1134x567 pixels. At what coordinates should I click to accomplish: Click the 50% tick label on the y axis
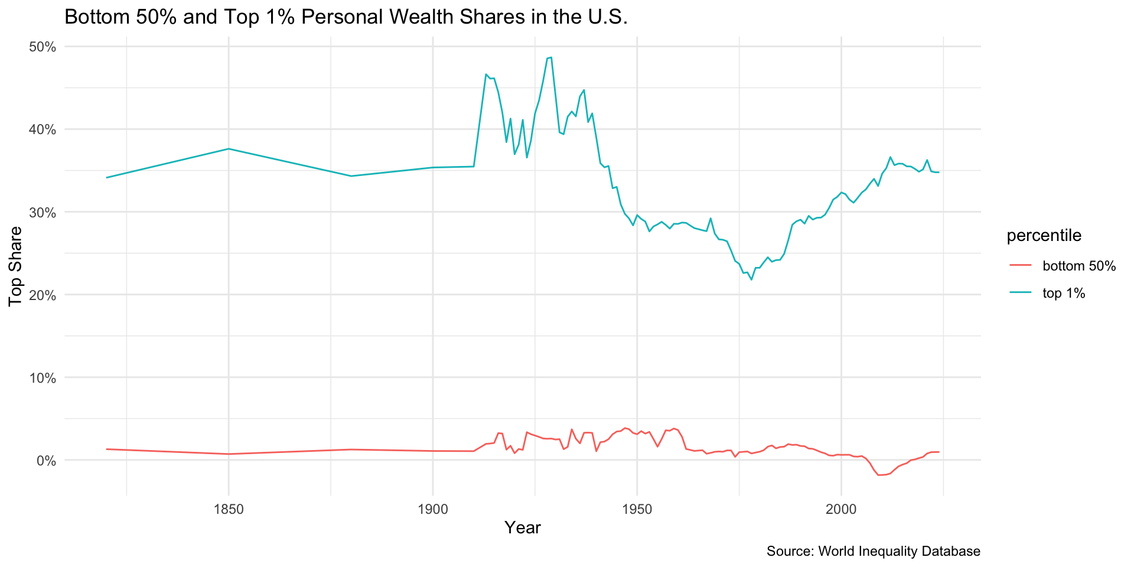(x=43, y=47)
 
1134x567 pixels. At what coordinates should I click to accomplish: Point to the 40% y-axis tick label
(x=43, y=129)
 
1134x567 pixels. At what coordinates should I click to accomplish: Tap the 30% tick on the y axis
(x=43, y=212)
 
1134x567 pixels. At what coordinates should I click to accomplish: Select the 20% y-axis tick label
(x=43, y=295)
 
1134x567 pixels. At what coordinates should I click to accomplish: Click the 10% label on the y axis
(x=43, y=377)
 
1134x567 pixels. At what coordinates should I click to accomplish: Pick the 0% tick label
(x=47, y=460)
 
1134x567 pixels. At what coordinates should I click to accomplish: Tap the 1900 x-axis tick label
(x=433, y=509)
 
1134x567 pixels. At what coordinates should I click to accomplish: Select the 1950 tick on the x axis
(x=637, y=509)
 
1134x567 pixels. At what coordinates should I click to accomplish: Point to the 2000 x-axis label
(x=841, y=509)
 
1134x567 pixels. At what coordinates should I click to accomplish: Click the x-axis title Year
(x=523, y=528)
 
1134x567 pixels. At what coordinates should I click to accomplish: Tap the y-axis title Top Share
(x=16, y=266)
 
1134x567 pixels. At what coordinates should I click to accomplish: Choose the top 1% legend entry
(x=1064, y=293)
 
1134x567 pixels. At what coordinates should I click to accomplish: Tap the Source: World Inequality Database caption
(x=873, y=552)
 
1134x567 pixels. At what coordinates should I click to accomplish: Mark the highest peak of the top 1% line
(x=551, y=57)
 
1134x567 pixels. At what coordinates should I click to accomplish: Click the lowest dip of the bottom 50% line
(x=880, y=475)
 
